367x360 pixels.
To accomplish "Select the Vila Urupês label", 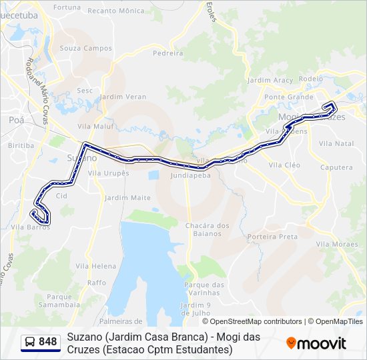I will pyautogui.click(x=108, y=173).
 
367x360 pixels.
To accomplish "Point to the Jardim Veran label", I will pyautogui.click(x=123, y=97).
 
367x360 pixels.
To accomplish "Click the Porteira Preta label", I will pyautogui.click(x=272, y=237).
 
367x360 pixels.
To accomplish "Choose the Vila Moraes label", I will pyautogui.click(x=337, y=244).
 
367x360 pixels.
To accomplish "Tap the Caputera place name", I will pyautogui.click(x=336, y=167).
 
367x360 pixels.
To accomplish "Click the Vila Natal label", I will pyautogui.click(x=336, y=143).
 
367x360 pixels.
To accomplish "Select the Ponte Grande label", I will pyautogui.click(x=288, y=97).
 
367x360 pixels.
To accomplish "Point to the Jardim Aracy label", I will pyautogui.click(x=270, y=80).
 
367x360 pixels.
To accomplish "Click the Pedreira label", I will pyautogui.click(x=167, y=53).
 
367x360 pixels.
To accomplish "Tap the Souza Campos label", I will pyautogui.click(x=86, y=48).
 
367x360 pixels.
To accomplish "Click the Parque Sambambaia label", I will pyautogui.click(x=59, y=301).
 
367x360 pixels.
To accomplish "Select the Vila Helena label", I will pyautogui.click(x=100, y=266).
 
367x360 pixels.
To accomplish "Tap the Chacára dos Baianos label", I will pyautogui.click(x=208, y=229).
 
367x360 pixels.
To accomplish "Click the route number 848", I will pyautogui.click(x=48, y=342).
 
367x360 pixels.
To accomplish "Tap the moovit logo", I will pyautogui.click(x=316, y=343).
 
